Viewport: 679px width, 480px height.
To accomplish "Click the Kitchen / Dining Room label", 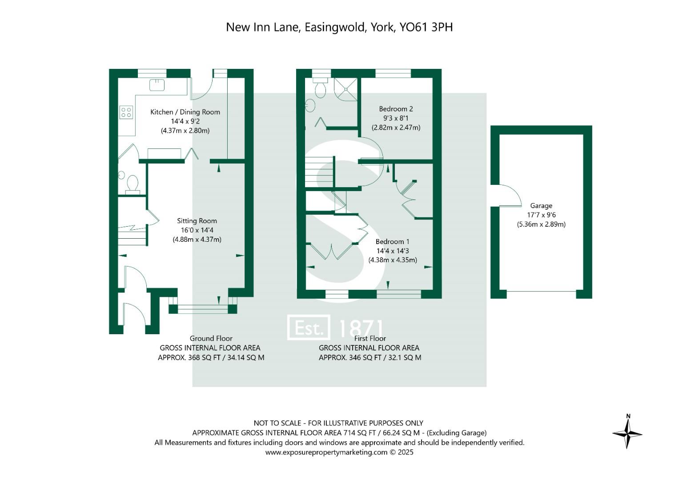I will click(185, 112).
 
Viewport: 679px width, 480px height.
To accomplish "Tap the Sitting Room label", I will click(197, 221).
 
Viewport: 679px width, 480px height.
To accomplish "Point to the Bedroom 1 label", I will click(393, 242).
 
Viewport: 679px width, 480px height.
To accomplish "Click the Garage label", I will click(541, 206).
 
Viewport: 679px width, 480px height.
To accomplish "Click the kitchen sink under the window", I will click(157, 84).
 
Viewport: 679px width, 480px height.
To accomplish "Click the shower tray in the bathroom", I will click(346, 89).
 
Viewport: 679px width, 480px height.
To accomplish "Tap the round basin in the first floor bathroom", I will click(310, 106).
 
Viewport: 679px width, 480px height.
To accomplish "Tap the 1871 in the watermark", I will click(361, 328).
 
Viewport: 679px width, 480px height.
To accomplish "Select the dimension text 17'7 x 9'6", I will click(541, 215).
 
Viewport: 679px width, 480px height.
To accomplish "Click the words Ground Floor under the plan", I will click(211, 339).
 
